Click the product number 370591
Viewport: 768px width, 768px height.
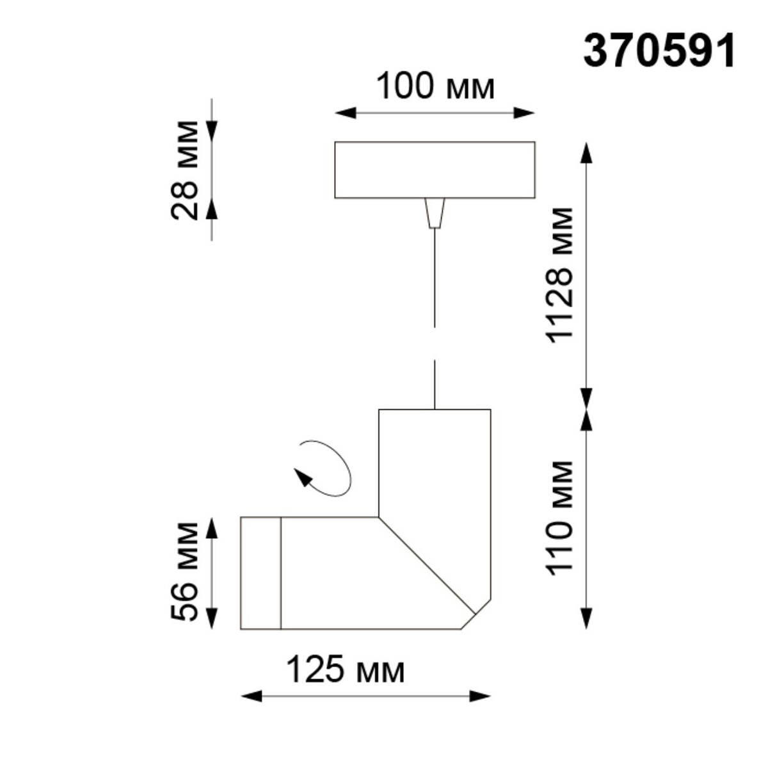tap(659, 51)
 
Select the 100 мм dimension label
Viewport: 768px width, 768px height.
tap(435, 86)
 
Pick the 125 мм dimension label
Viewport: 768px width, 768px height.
tap(345, 671)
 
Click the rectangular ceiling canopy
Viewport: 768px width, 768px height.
tap(435, 170)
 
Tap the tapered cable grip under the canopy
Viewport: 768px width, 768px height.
tap(435, 212)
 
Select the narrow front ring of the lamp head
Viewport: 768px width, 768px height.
tap(260, 572)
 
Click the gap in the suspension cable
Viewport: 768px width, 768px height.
tap(435, 344)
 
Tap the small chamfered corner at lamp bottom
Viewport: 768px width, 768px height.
tap(476, 615)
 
